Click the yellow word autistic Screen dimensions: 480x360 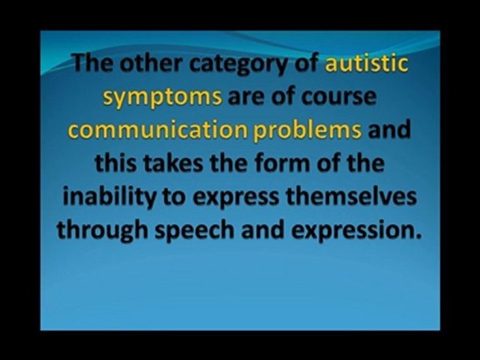point(366,63)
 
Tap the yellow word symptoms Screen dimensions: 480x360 point(162,97)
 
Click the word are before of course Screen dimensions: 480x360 point(246,98)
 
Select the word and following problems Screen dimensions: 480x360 point(389,130)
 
